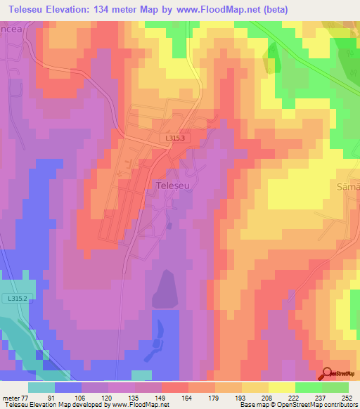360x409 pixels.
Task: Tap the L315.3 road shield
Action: click(x=176, y=138)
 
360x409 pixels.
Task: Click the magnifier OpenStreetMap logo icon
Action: click(x=328, y=373)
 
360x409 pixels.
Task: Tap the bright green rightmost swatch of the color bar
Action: click(x=335, y=387)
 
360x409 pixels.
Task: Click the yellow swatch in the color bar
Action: click(x=281, y=387)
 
